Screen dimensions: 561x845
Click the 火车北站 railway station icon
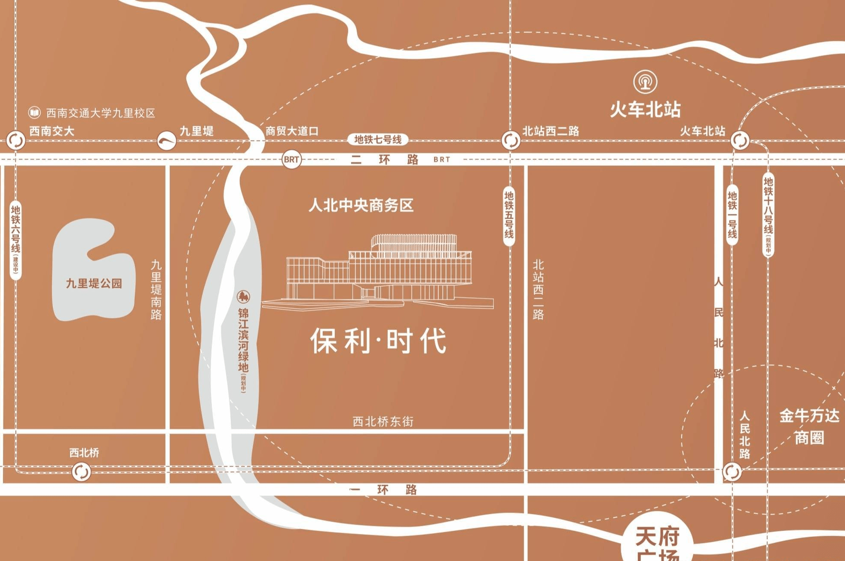(645, 81)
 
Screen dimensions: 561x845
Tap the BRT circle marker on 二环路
(291, 160)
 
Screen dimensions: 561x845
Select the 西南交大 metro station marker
(16, 140)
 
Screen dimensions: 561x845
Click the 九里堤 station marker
(166, 140)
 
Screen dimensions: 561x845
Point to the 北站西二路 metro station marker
(511, 140)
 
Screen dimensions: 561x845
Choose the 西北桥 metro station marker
(81, 472)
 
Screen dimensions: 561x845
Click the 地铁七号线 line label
(378, 140)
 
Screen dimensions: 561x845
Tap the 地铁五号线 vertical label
(509, 215)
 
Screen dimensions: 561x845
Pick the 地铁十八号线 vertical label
(768, 214)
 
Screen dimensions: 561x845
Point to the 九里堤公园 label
(94, 284)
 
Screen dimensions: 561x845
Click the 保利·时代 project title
(379, 341)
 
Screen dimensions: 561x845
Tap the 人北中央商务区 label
(361, 205)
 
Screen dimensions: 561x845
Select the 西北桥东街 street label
(383, 422)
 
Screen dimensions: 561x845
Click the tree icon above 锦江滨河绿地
(243, 296)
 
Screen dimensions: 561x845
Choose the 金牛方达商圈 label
(809, 427)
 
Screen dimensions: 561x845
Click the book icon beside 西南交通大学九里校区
(34, 113)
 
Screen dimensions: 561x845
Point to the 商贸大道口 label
(292, 131)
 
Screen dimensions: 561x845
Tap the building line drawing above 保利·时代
(378, 271)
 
